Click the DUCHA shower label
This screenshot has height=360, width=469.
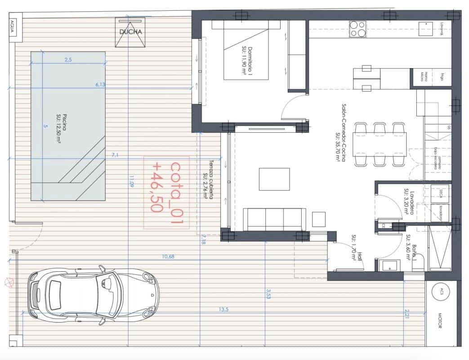coord(131,32)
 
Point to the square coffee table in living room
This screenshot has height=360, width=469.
coord(274,179)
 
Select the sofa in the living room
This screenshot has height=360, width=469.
coord(274,219)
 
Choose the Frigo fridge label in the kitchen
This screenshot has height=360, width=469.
coord(442,77)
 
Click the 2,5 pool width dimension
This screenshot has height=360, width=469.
coord(68,60)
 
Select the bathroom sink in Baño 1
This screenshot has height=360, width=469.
coord(387,265)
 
